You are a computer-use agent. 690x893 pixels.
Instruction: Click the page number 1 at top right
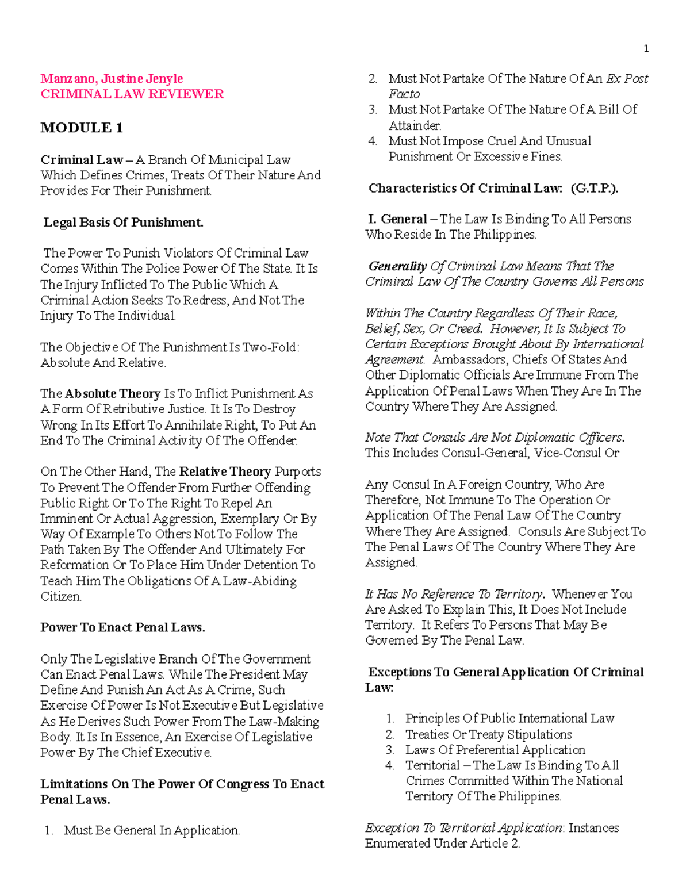click(646, 49)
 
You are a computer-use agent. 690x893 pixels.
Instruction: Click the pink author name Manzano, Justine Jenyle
click(112, 78)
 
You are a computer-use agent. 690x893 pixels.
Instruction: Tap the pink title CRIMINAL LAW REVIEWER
click(132, 94)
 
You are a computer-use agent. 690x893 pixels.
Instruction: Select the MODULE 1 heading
click(82, 128)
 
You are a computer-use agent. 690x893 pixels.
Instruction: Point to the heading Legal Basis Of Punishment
click(123, 222)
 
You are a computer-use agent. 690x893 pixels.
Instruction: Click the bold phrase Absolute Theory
click(113, 394)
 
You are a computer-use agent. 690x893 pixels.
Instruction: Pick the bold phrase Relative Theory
click(225, 472)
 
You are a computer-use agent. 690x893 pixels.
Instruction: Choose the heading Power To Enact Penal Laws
click(122, 627)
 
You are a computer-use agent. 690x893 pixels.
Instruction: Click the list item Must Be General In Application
click(151, 830)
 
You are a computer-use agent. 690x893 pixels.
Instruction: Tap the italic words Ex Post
click(627, 78)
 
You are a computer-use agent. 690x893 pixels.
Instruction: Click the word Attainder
click(415, 125)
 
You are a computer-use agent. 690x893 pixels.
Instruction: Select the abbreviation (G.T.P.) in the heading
click(594, 188)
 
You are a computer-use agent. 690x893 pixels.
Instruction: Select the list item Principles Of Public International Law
click(509, 718)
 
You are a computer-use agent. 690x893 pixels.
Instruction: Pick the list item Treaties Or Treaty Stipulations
click(488, 734)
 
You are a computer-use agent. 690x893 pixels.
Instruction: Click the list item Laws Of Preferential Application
click(495, 750)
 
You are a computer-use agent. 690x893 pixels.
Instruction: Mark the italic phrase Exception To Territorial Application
click(463, 828)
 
